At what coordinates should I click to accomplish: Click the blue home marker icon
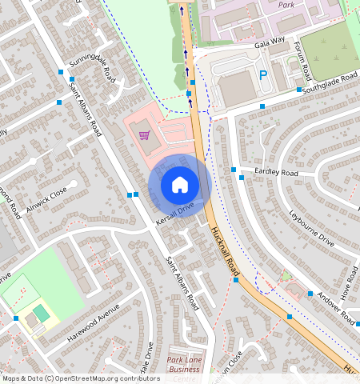pos(179,185)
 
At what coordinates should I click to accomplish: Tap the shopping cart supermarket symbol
pos(144,134)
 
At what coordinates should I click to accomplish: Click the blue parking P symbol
pos(263,76)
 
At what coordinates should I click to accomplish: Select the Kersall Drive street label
pos(175,214)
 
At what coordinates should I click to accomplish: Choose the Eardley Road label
pos(276,173)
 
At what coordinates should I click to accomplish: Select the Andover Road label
pos(334,305)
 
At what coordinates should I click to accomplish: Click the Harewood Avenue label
pos(93,322)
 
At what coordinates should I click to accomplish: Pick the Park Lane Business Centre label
pos(183,364)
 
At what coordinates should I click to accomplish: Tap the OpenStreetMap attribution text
pos(81,378)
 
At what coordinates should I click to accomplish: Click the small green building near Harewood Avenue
pos(40,311)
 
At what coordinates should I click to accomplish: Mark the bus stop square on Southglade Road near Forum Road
pos(298,90)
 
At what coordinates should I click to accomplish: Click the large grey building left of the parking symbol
pos(235,88)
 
